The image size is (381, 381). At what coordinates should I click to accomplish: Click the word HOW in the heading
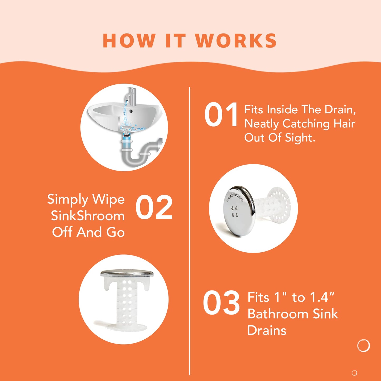click(129, 41)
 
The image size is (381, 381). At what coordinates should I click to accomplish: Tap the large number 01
click(221, 115)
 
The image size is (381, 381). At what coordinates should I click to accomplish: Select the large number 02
click(154, 208)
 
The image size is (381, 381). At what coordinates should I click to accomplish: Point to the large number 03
click(221, 303)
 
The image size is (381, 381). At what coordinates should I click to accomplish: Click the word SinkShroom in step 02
click(88, 216)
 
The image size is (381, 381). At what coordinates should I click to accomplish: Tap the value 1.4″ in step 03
click(322, 297)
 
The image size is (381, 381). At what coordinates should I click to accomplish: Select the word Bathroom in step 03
click(278, 314)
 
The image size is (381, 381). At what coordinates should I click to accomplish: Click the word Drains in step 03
click(267, 330)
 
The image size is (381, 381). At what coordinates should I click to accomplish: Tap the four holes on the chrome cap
click(234, 212)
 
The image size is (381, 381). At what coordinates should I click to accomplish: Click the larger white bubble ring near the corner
click(363, 345)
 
